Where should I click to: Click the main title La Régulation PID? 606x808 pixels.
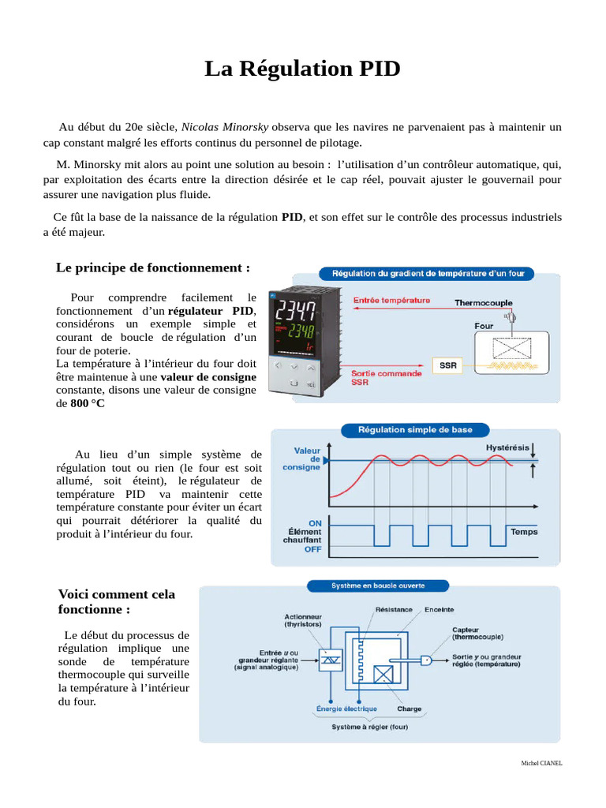click(x=302, y=69)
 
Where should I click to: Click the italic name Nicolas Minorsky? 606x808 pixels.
click(x=225, y=126)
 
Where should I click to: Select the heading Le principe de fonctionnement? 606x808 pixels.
click(x=152, y=267)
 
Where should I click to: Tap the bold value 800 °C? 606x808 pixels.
click(x=87, y=403)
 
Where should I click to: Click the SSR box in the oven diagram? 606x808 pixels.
click(x=447, y=366)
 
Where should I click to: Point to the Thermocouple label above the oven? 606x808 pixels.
click(x=483, y=302)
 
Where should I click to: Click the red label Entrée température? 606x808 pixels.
click(x=391, y=300)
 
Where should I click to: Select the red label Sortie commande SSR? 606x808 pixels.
click(x=387, y=378)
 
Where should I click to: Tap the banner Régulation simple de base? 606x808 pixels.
click(x=416, y=430)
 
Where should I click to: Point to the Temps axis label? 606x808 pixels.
click(x=524, y=531)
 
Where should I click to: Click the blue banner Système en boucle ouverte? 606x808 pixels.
click(x=377, y=586)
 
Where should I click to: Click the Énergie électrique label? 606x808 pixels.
click(x=346, y=709)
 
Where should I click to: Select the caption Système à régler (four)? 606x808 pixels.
click(x=369, y=727)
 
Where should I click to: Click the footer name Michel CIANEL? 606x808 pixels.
click(x=541, y=763)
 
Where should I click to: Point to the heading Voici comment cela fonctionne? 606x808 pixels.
click(x=117, y=602)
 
